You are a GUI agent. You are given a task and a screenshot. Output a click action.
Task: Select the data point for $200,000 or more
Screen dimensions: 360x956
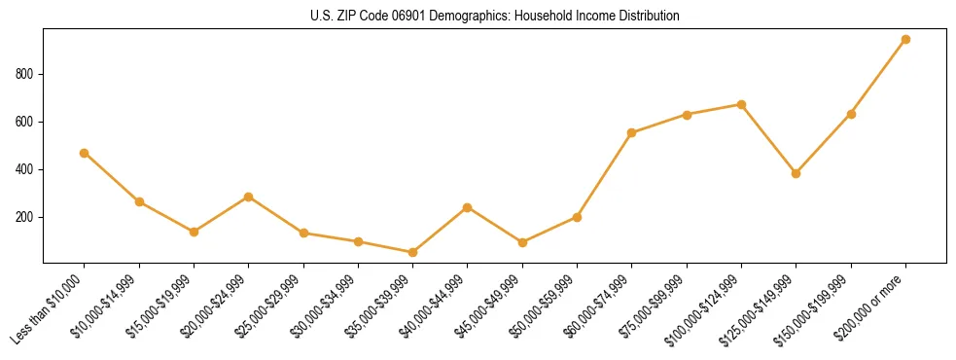point(905,40)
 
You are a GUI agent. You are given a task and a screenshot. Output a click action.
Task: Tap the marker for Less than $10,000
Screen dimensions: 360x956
point(85,153)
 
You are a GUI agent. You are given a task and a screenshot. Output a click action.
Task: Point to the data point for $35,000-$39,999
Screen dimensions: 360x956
point(413,252)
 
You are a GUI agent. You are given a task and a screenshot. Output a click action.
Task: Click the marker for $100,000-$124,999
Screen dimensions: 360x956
point(741,104)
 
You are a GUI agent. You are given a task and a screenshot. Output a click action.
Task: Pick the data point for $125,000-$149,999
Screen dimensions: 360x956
point(797,173)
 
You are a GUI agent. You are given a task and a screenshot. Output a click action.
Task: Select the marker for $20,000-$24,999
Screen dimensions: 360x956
point(249,197)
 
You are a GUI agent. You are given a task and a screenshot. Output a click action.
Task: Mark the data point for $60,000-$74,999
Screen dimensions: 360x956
point(632,132)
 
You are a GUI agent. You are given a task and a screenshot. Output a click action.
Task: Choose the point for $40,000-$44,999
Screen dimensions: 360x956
point(468,207)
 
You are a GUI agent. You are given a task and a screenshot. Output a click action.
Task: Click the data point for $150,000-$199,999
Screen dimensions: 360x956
point(851,114)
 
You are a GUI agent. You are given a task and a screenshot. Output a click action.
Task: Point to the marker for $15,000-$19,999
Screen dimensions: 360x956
point(194,232)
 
